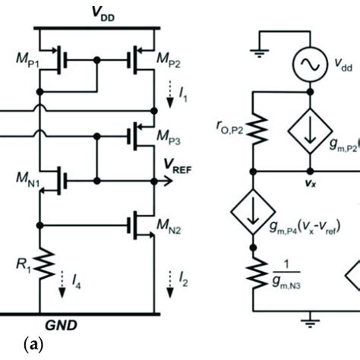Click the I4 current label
point(72,286)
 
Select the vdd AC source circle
point(308,68)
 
